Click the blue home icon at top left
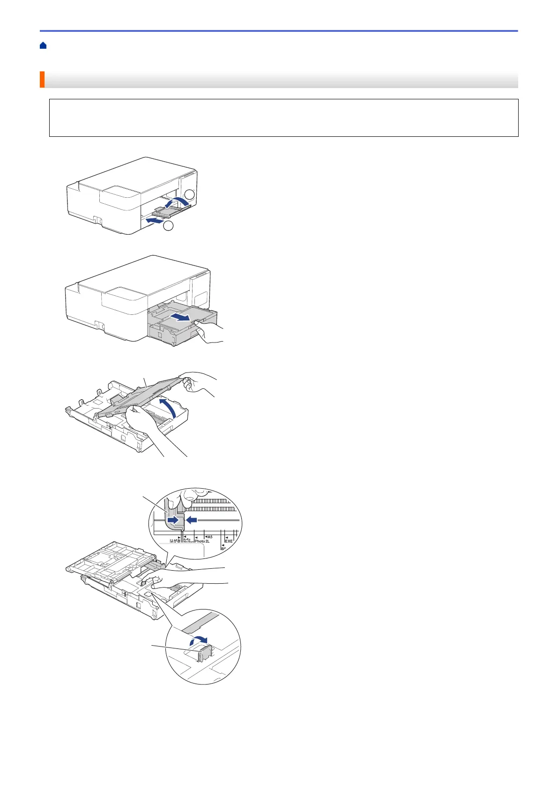(43, 45)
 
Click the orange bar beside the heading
(42, 80)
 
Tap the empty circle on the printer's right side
(188, 195)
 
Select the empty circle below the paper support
(169, 226)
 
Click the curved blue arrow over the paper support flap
(179, 202)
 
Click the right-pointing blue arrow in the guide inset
(172, 520)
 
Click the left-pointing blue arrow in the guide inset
(193, 520)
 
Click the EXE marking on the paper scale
(229, 541)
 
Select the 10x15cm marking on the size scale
(188, 542)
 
